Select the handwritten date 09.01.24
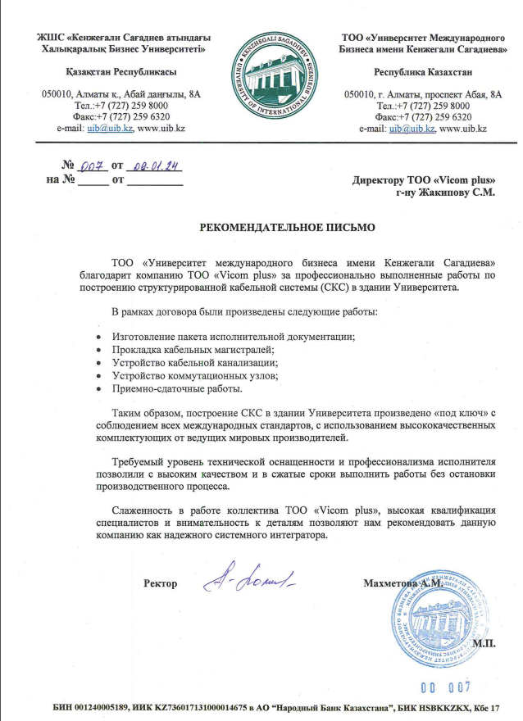pyautogui.click(x=156, y=166)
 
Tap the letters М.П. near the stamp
pyautogui.click(x=485, y=643)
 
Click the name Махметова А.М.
pyautogui.click(x=402, y=583)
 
